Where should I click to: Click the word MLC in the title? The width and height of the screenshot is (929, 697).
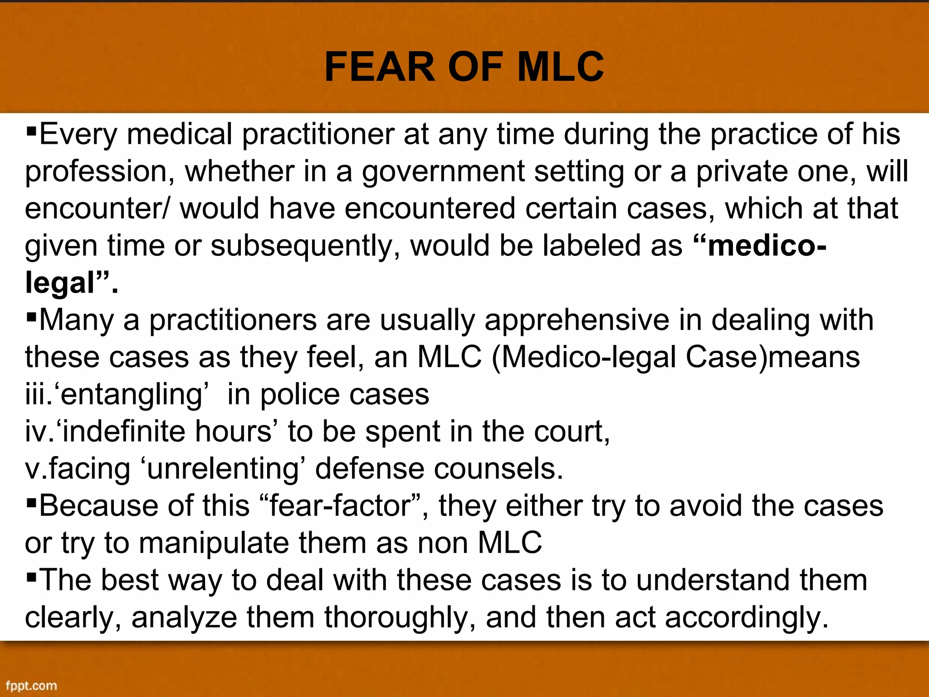560,67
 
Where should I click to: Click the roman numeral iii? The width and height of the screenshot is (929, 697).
36,394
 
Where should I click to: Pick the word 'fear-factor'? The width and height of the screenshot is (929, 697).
340,506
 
